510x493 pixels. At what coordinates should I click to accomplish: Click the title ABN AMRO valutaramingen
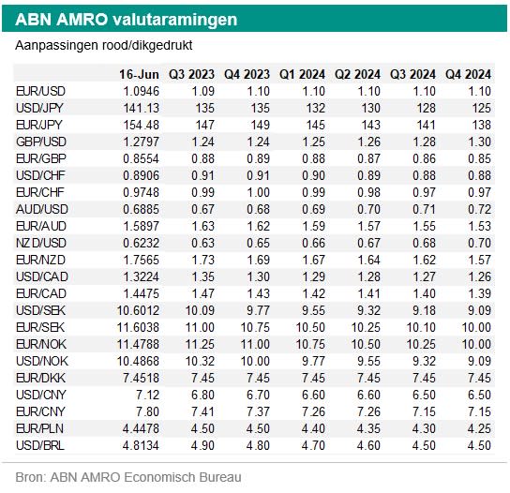coord(127,20)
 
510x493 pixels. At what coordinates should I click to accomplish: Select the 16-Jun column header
coord(139,74)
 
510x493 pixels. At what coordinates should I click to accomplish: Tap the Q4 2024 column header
coord(468,74)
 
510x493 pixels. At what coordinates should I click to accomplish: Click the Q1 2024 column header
coord(302,74)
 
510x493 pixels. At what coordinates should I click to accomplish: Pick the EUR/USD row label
coord(40,91)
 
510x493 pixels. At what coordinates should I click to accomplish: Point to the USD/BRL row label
coord(40,445)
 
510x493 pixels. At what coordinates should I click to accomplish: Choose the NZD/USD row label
coord(41,244)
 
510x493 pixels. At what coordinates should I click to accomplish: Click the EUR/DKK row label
coord(40,378)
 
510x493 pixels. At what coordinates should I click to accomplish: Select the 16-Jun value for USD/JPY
coord(142,109)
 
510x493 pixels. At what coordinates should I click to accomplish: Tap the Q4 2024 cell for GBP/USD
coord(479,142)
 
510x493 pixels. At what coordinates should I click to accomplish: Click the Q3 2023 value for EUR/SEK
coord(200,327)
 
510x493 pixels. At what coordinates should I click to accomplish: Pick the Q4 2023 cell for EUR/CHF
coord(258,192)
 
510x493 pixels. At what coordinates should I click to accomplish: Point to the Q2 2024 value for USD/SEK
coord(368,310)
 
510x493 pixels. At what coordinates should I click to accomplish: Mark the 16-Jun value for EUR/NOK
coord(138,344)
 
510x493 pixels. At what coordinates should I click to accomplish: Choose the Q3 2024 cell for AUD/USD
coord(424,209)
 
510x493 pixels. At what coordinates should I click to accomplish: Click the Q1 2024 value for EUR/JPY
coord(316,126)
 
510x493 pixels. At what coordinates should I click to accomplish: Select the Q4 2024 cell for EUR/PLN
coord(479,428)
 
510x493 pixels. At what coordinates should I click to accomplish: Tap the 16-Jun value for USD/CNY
coord(148,395)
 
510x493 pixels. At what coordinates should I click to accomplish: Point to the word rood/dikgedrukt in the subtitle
coord(147,46)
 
